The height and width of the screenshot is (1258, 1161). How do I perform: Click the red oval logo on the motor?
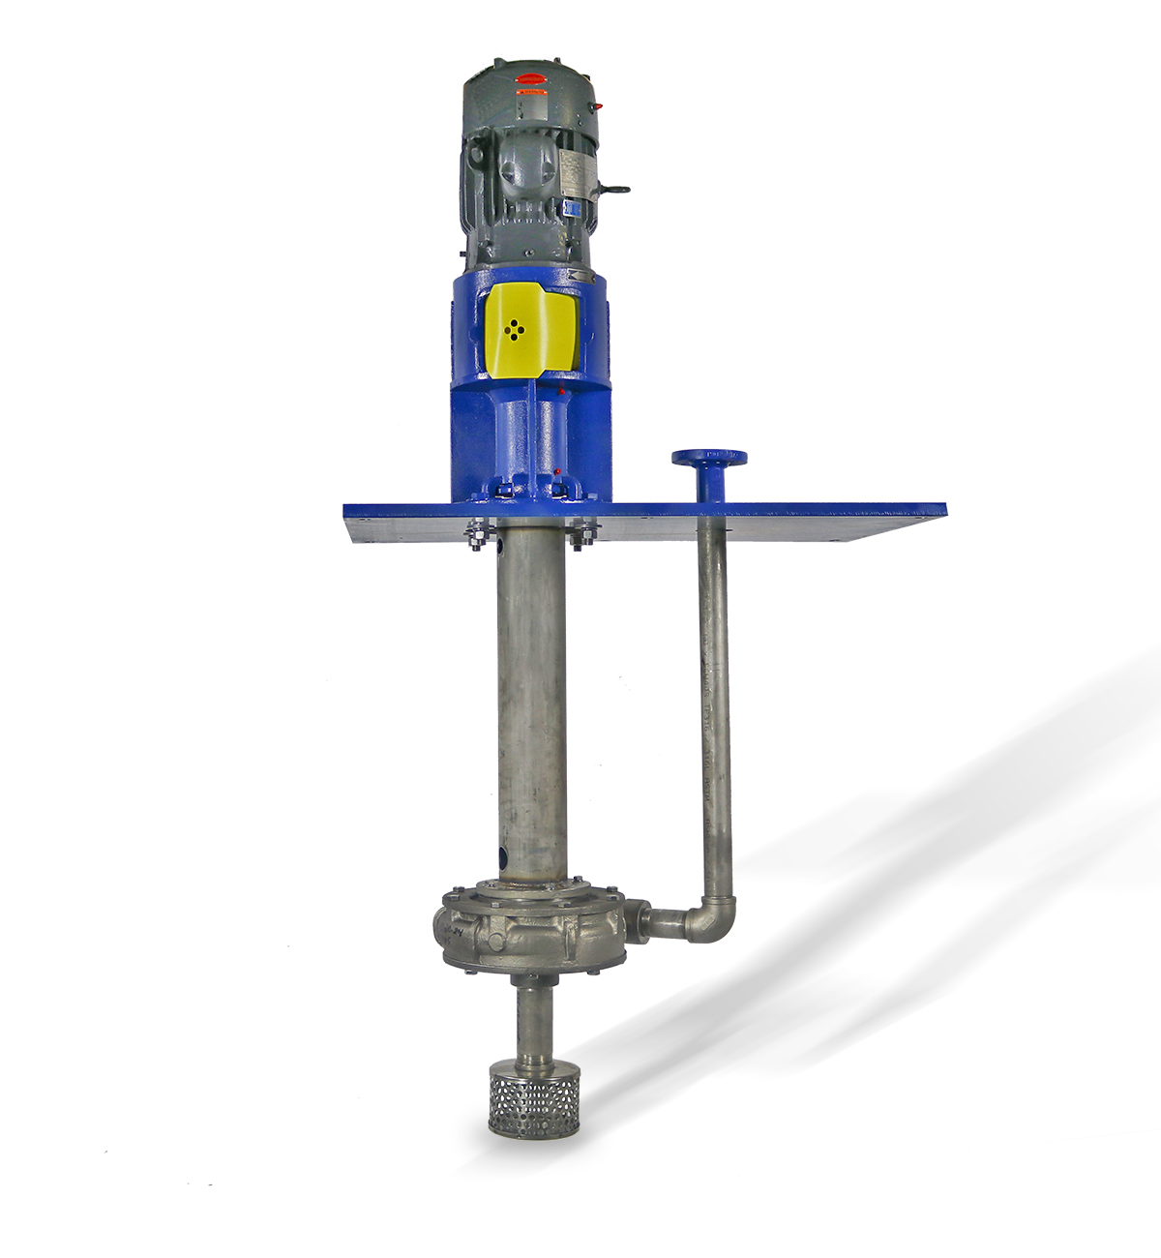coord(531,79)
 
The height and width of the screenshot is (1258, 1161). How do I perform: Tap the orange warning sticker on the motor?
coord(531,92)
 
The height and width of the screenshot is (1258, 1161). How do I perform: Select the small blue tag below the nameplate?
coord(573,208)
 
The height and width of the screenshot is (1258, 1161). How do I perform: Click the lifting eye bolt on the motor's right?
coord(615,190)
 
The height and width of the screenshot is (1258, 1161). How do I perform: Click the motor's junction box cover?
coord(526,169)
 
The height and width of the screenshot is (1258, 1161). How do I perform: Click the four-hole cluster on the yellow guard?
coord(515,329)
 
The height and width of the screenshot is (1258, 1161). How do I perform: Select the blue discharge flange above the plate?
coord(709,458)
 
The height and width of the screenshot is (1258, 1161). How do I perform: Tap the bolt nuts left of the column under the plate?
coord(476,535)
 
